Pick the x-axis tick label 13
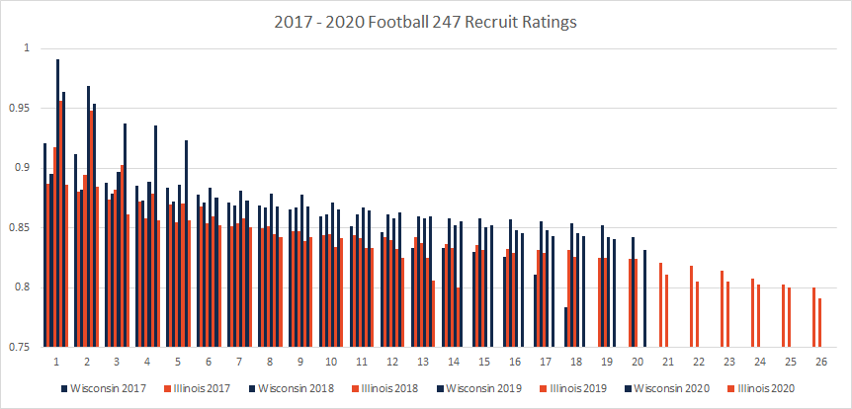tap(423, 362)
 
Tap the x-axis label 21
tap(665, 362)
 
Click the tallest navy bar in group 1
tap(57, 198)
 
